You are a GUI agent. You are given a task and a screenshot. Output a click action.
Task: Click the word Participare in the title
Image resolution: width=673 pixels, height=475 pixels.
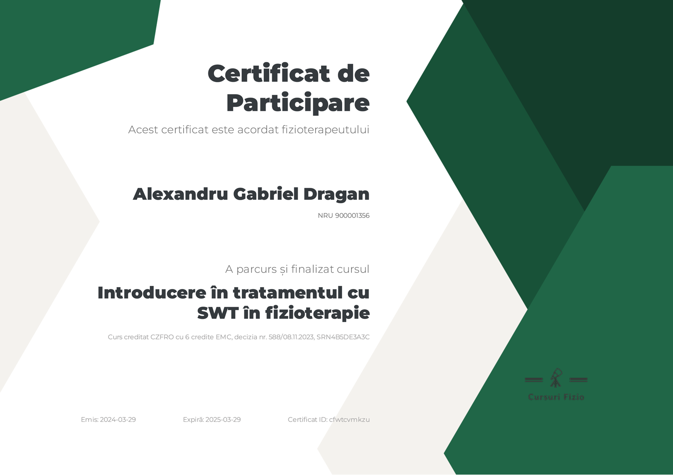coord(298,103)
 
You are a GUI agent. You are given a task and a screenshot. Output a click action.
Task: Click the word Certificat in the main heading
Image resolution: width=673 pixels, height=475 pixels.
coord(269,73)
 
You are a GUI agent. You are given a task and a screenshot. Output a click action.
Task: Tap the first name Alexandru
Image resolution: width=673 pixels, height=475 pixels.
coord(181,194)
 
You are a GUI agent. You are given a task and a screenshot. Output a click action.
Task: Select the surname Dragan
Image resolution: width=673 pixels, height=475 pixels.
coord(336,194)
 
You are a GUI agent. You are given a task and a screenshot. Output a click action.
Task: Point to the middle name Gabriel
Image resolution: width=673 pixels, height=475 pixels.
coord(266,194)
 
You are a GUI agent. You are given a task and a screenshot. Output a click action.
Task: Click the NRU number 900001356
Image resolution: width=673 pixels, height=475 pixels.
coord(352,216)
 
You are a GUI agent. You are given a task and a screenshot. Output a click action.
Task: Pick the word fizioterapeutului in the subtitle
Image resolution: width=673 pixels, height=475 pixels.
coord(325,130)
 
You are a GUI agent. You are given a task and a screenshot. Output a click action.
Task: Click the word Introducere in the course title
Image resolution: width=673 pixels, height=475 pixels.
coord(152,292)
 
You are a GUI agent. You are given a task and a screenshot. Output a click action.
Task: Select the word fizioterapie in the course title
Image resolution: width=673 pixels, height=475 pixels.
coord(317,314)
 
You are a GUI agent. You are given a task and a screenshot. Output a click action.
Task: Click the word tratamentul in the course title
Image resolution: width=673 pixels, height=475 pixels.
coord(288,292)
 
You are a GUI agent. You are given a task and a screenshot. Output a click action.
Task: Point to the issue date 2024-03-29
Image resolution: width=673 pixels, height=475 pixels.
coord(118,420)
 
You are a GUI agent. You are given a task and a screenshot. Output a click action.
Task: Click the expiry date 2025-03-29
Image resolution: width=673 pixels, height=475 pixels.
coord(223,420)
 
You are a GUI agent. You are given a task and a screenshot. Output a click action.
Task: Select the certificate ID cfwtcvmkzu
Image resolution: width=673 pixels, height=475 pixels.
coord(349,420)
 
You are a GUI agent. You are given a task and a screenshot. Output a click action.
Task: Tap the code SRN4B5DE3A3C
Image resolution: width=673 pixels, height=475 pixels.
coord(343,337)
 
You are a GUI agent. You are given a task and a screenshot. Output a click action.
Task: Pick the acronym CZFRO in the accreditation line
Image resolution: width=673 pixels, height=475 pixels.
coord(162,337)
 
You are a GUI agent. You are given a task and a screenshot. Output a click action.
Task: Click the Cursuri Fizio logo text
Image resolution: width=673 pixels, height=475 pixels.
coord(556,397)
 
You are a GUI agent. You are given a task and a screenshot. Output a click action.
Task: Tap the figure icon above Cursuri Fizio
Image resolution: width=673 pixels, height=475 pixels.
coord(556,378)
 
